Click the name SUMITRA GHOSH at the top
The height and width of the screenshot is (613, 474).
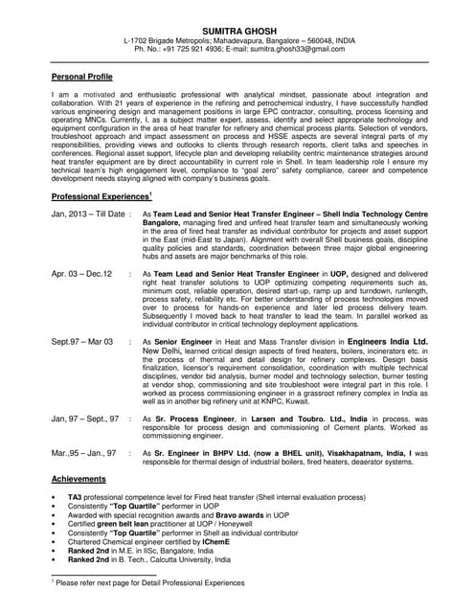click(x=237, y=31)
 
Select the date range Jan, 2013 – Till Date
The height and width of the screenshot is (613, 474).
click(x=88, y=215)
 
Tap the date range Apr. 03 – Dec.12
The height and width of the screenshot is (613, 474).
click(x=81, y=274)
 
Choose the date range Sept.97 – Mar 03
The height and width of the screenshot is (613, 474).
click(x=82, y=342)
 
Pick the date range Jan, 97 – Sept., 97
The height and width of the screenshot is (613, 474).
click(x=85, y=419)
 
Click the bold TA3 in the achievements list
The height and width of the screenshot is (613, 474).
click(x=75, y=498)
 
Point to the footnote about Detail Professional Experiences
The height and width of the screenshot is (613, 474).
click(x=149, y=582)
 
